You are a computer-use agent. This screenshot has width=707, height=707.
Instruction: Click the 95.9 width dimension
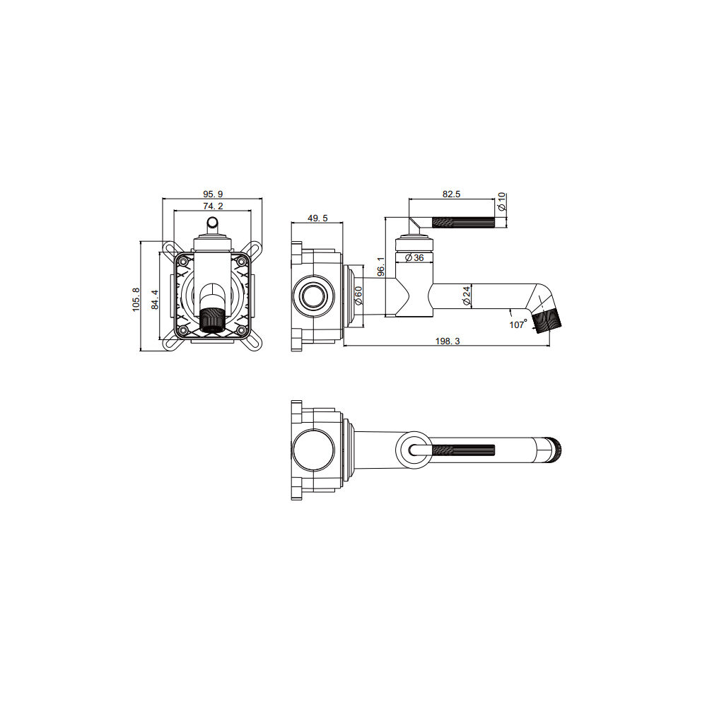pyautogui.click(x=213, y=194)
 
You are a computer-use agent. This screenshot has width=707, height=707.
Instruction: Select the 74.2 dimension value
pyautogui.click(x=213, y=206)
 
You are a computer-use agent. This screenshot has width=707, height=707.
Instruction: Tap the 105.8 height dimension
pyautogui.click(x=136, y=300)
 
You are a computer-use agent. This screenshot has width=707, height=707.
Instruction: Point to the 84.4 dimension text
pyautogui.click(x=155, y=299)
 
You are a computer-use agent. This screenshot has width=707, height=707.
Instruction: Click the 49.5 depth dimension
pyautogui.click(x=318, y=218)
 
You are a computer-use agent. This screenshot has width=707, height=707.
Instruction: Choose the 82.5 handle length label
pyautogui.click(x=451, y=194)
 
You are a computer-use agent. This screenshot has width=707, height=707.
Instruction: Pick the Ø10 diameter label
pyautogui.click(x=502, y=201)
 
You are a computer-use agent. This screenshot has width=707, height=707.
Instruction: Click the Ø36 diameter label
pyautogui.click(x=414, y=258)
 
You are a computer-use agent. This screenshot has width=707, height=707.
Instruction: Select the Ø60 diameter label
pyautogui.click(x=358, y=296)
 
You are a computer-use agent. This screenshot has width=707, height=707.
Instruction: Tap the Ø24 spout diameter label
pyautogui.click(x=467, y=295)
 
